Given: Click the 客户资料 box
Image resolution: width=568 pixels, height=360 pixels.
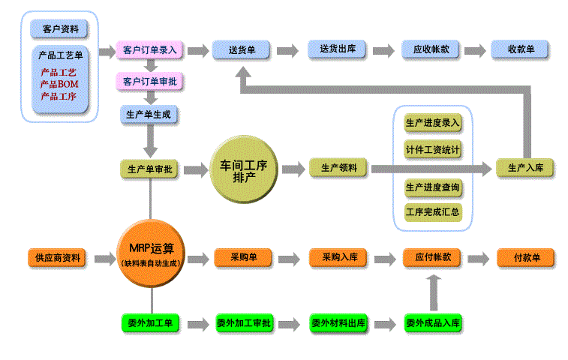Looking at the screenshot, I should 60,29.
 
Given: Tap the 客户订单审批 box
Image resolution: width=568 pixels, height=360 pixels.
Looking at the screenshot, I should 151,81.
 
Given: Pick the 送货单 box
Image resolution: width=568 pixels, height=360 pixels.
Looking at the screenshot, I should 242,50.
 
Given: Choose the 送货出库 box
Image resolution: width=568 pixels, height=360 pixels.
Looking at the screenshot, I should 337,49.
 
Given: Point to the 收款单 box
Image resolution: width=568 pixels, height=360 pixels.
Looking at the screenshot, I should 520,49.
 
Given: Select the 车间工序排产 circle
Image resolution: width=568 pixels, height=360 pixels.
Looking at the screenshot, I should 245,171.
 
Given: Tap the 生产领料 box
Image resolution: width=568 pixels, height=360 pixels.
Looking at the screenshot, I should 338,168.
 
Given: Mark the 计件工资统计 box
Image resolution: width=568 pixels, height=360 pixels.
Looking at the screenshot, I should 433,148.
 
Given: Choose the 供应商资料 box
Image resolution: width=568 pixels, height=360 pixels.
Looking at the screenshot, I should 57,257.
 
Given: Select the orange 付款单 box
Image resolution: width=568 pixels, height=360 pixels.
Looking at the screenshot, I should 526,257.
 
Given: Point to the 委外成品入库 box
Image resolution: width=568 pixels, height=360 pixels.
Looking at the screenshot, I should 433,323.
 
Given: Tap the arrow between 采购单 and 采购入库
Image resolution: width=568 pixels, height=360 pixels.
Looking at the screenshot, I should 289,258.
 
